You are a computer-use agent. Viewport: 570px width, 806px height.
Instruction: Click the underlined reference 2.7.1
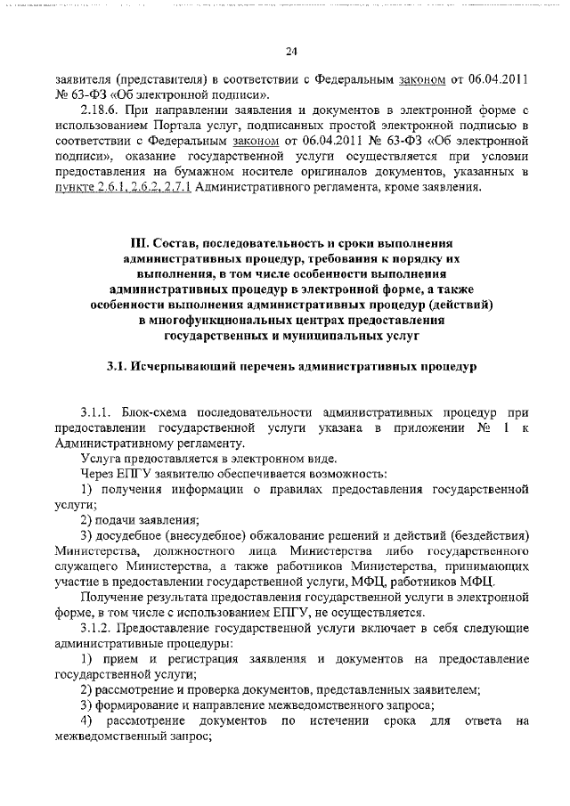pos(173,188)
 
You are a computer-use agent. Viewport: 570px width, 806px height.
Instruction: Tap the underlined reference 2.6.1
pos(111,188)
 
